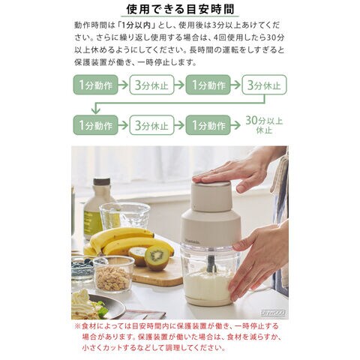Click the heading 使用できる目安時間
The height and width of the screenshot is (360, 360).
(180, 9)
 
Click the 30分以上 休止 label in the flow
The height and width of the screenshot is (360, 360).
(264, 125)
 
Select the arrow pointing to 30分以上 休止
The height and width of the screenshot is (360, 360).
(235, 125)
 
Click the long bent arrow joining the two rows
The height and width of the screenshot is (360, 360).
(180, 103)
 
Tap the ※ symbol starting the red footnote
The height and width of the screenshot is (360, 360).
(77, 326)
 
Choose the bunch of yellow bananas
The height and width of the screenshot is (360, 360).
(127, 241)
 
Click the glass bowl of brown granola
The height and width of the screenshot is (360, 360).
(114, 274)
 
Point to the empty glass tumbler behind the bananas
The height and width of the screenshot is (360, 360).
(124, 216)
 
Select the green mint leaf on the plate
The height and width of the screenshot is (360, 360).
(102, 310)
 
